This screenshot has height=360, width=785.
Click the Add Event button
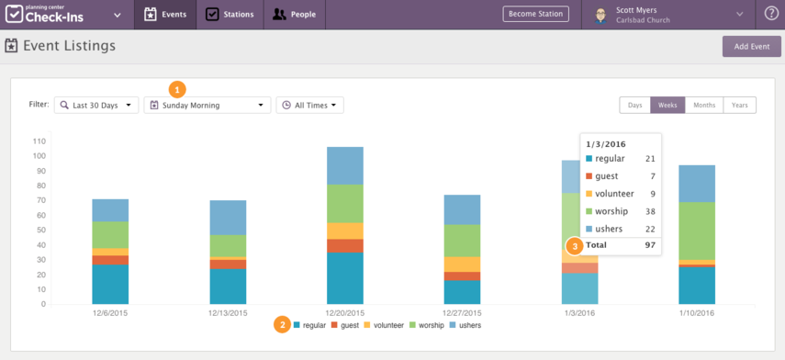[x=751, y=46]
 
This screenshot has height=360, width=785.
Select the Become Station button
[x=535, y=15]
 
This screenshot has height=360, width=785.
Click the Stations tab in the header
[x=230, y=15]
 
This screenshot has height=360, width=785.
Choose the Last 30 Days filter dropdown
[x=95, y=106]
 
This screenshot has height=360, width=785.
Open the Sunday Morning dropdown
[x=207, y=106]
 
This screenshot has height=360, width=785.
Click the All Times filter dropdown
[x=309, y=106]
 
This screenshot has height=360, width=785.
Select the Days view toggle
[x=634, y=106]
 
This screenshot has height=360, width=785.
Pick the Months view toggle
[x=704, y=106]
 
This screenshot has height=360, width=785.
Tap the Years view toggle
[x=739, y=106]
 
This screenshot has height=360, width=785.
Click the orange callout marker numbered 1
[x=177, y=89]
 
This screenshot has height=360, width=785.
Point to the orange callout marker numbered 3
[x=575, y=246]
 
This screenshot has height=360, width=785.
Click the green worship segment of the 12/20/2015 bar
[x=345, y=204]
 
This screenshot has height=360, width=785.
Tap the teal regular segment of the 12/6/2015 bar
[x=110, y=284]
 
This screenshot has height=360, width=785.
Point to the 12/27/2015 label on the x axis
[x=463, y=313]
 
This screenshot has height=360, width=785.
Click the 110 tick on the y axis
[x=39, y=141]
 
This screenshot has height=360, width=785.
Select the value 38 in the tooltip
[x=649, y=211]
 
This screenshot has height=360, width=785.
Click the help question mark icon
[x=771, y=15]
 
